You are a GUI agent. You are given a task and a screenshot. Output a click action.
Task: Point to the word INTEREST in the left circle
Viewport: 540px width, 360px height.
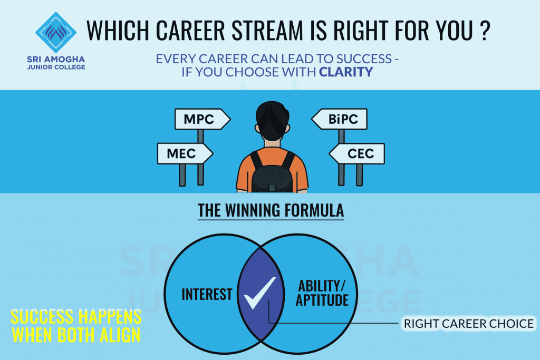coord(207,294)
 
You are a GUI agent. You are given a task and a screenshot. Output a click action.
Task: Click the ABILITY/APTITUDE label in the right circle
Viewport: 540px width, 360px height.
coord(322,293)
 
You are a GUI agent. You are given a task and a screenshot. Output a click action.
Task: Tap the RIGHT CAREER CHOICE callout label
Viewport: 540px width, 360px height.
coord(469,323)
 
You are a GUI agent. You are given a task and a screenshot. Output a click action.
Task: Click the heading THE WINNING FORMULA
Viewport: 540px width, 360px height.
coord(271,211)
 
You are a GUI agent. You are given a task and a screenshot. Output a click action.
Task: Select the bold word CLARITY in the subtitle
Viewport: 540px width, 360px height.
coord(346,72)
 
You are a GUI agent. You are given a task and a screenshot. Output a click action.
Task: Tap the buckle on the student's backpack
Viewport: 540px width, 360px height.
coord(273,187)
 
